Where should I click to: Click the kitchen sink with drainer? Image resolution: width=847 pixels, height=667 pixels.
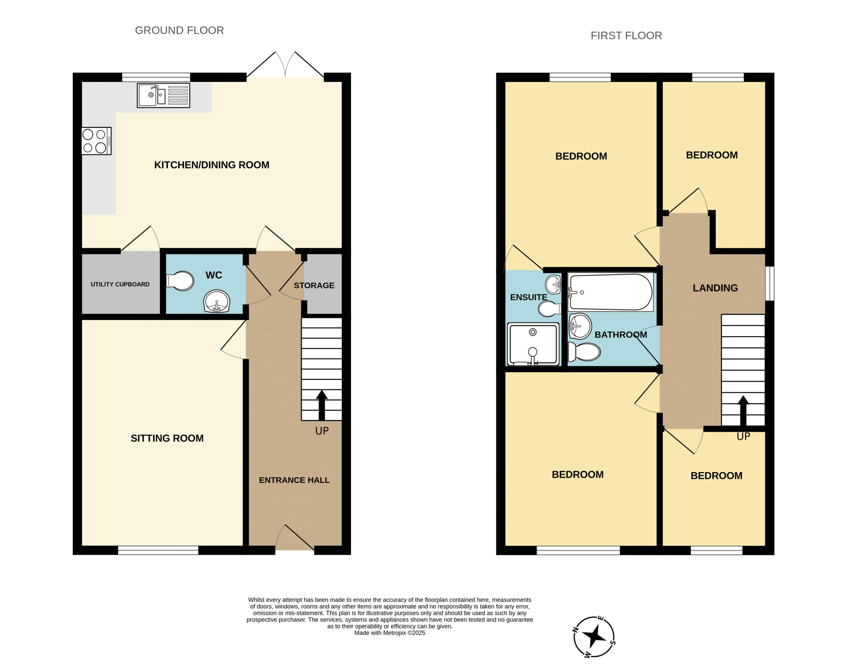[163, 95]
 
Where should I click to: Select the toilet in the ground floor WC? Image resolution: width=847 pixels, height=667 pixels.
[180, 281]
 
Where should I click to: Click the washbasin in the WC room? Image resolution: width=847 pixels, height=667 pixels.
[217, 301]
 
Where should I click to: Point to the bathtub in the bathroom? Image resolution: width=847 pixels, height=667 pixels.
[610, 292]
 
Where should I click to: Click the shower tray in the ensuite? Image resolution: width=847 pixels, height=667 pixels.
[533, 344]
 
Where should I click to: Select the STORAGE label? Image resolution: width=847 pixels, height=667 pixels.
[314, 286]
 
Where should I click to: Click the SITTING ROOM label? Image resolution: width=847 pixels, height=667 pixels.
[167, 438]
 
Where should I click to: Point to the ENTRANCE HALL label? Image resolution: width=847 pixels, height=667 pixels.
[294, 480]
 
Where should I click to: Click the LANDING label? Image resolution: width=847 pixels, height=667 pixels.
[715, 288]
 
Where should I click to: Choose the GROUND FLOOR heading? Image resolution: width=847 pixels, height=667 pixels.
[180, 30]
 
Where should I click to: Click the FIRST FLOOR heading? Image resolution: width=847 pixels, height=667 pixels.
[626, 35]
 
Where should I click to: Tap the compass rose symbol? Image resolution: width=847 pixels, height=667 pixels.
[594, 637]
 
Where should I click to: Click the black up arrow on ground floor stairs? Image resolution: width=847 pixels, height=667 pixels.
[322, 405]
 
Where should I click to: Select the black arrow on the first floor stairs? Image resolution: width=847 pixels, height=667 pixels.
[743, 411]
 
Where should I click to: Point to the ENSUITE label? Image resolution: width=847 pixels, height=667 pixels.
[528, 297]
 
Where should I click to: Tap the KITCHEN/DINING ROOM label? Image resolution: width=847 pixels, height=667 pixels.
[212, 165]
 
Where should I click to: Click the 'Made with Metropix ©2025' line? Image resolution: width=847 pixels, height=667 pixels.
[390, 633]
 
